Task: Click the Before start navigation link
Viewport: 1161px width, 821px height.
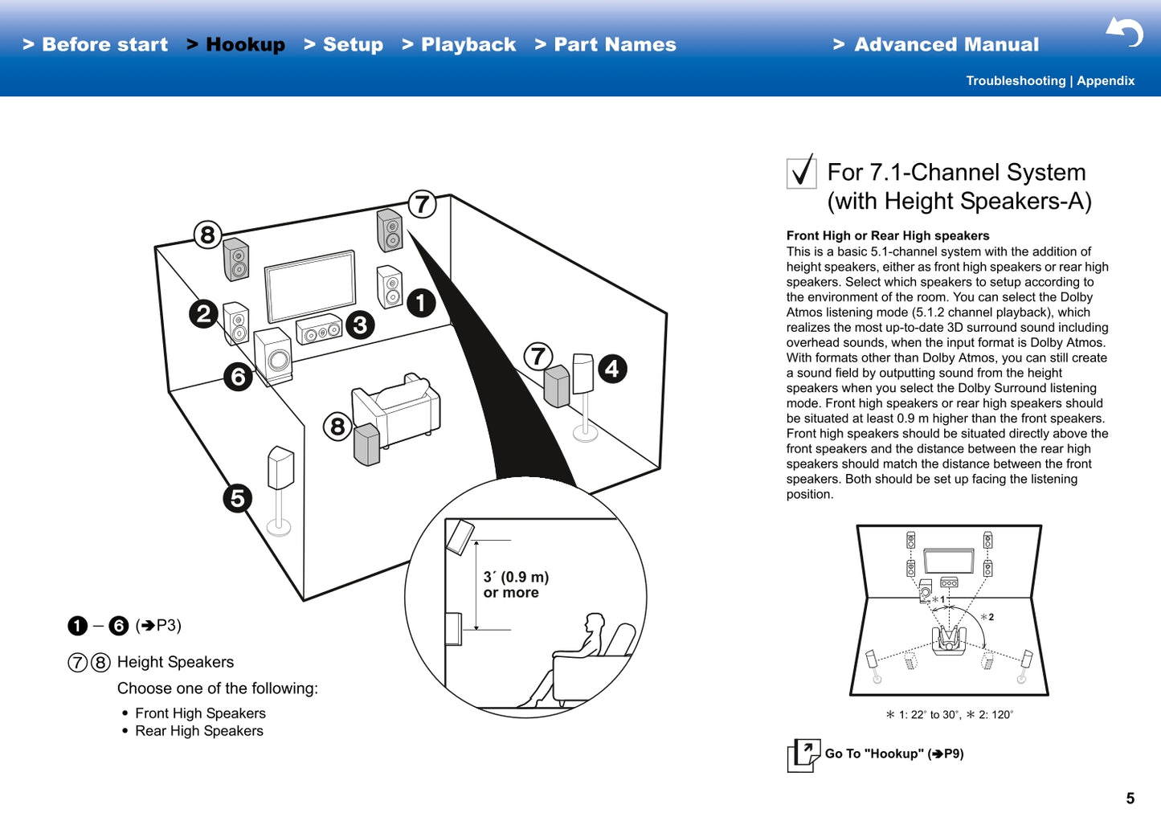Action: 96,45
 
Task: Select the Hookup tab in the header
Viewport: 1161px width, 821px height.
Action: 237,45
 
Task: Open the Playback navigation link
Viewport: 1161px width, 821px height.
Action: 460,45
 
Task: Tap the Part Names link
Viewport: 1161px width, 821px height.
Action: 607,45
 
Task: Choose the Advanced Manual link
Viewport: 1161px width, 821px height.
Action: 937,45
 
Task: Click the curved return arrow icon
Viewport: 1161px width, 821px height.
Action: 1125,32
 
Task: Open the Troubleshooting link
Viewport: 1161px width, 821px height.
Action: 1015,81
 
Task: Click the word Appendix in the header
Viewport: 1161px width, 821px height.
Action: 1106,81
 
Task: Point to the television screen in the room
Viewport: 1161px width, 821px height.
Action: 311,287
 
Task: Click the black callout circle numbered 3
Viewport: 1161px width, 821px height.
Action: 360,325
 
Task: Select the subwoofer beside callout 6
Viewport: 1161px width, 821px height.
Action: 273,356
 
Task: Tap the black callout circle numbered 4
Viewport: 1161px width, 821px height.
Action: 612,369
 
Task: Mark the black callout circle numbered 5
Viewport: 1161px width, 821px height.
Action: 238,498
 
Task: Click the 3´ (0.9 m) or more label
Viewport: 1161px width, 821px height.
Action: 515,585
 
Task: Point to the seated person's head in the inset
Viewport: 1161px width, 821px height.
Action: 595,623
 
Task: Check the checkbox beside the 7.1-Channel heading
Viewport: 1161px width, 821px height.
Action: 801,172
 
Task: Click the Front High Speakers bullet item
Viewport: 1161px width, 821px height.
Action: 200,713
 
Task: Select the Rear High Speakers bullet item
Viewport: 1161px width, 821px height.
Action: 198,731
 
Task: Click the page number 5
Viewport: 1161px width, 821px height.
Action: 1130,799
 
